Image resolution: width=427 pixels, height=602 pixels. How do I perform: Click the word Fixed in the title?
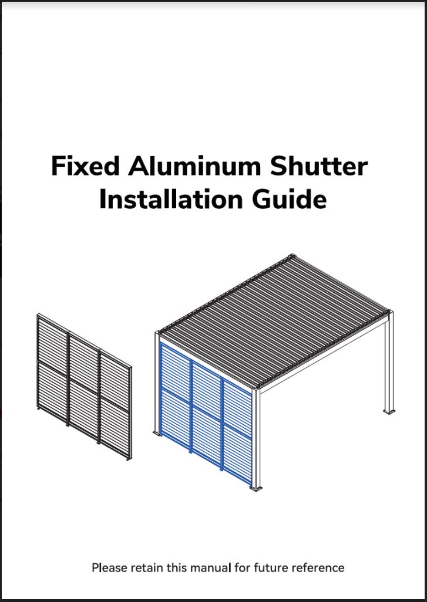(85, 166)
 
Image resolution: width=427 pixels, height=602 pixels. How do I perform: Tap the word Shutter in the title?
(319, 166)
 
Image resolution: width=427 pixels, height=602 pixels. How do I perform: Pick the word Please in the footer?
(110, 567)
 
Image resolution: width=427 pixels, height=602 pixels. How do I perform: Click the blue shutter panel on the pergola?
(206, 414)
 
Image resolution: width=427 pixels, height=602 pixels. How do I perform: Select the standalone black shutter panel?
(85, 387)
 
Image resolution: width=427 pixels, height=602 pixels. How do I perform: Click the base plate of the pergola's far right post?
(389, 411)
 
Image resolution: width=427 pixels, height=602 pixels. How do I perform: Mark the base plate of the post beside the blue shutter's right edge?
(256, 488)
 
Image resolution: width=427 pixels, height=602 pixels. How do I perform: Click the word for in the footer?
(242, 567)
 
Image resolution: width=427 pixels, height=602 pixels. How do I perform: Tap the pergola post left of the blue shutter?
(157, 383)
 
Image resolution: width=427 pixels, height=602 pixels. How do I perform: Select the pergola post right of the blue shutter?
(256, 438)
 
